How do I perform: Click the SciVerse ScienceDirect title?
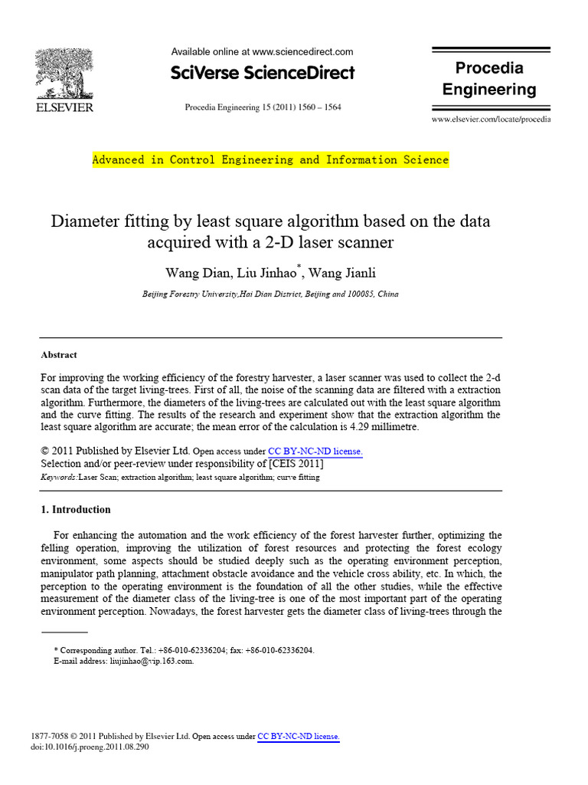pyautogui.click(x=263, y=74)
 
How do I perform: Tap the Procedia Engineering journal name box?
pyautogui.click(x=489, y=79)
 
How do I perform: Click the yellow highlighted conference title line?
pyautogui.click(x=270, y=160)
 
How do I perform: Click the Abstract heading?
pyautogui.click(x=58, y=355)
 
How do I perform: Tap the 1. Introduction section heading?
pyautogui.click(x=75, y=509)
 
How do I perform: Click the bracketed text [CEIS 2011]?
pyautogui.click(x=296, y=464)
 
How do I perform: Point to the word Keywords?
pyautogui.click(x=57, y=477)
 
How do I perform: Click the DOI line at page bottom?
pyautogui.click(x=94, y=747)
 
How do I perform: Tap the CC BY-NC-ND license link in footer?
pyautogui.click(x=298, y=736)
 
